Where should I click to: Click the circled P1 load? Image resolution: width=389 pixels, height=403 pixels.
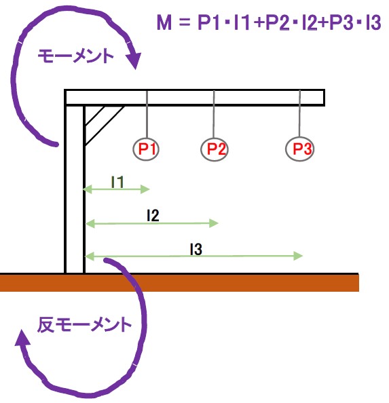pos(146,149)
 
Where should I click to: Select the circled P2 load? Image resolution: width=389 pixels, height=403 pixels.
pos(215,149)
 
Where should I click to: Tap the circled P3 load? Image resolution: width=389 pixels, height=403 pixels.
pos(300,149)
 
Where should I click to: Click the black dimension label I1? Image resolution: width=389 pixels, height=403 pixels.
pos(117,182)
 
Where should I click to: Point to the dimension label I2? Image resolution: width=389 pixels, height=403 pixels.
pos(153,215)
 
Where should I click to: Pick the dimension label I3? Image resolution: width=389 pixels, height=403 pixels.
pos(196,249)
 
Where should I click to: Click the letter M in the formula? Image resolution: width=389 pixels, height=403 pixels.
pos(164,22)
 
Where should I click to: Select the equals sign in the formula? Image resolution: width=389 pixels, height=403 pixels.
pos(185,22)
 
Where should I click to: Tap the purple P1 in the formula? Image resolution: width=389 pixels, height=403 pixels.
pos(209,22)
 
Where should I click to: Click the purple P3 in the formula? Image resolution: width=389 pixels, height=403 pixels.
pos(341,22)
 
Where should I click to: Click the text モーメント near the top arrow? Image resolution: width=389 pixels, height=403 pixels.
pos(75,56)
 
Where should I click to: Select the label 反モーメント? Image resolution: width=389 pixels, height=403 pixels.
pos(84,324)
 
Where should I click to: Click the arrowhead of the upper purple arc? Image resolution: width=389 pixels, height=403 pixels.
pos(134,60)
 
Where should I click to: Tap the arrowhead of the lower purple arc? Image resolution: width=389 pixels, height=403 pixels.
pos(22,338)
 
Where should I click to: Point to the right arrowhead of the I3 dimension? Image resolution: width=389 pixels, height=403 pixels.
pos(298,256)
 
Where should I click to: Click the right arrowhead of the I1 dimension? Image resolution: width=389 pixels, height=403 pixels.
pos(145,189)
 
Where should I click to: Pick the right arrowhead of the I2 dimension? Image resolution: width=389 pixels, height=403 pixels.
pos(214,223)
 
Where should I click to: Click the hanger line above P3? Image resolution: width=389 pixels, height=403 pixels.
pos(299,113)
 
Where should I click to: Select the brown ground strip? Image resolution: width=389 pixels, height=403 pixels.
pos(179,283)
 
